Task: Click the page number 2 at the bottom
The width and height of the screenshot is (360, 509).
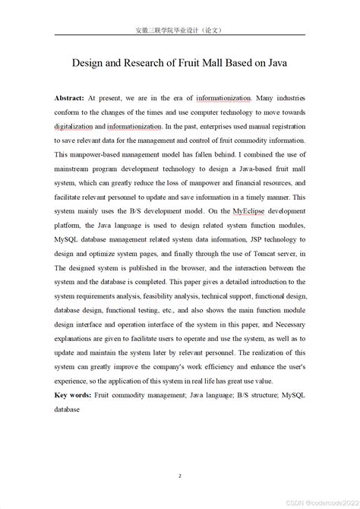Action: pyautogui.click(x=180, y=455)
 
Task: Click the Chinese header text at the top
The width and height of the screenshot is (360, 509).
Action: pyautogui.click(x=179, y=31)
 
